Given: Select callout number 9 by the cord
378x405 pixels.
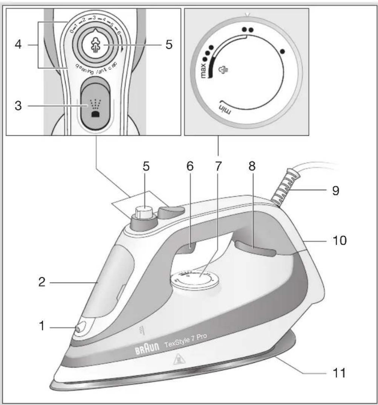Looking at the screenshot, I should pos(335,190).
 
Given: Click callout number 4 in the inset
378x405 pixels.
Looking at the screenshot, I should pos(18,45).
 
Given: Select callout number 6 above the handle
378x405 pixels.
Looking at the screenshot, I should pos(190,167).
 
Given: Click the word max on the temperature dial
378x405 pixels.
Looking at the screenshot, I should pos(204,70).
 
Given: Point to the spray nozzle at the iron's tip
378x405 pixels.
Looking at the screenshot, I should pos(79,329).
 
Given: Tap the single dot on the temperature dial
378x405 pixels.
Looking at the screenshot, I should pos(283,51).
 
